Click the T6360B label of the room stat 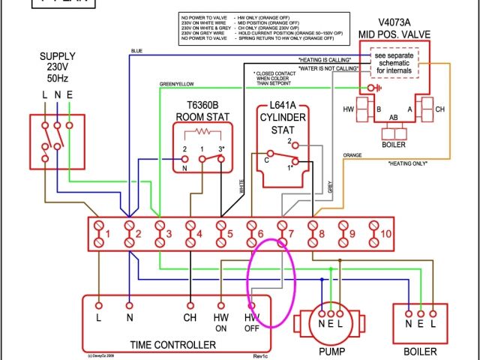pos(197,105)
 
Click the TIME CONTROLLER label pos(173,345)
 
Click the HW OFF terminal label pos(252,322)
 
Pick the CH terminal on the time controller pos(190,317)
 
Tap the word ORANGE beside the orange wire pos(352,155)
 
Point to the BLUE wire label pos(136,51)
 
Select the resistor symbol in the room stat pos(203,133)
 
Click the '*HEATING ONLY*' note pos(410,163)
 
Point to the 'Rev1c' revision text pos(262,355)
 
